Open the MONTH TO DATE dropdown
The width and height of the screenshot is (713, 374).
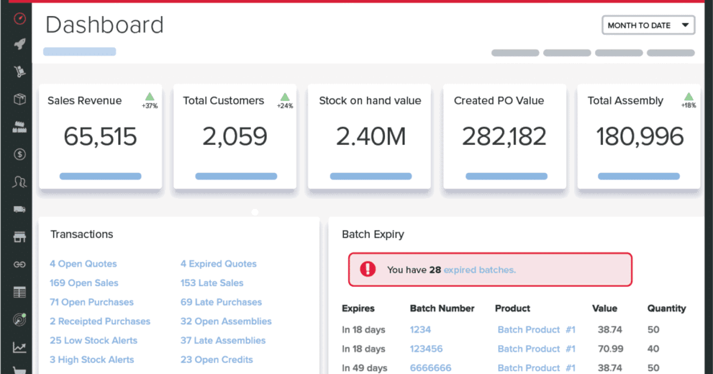(648, 26)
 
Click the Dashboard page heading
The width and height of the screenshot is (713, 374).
(105, 26)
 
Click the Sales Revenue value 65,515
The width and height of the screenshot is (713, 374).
(100, 137)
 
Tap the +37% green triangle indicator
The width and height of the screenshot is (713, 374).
(150, 97)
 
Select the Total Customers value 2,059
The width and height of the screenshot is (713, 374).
(235, 137)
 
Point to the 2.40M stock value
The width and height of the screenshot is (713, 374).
(371, 137)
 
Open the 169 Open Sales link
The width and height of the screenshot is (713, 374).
(84, 283)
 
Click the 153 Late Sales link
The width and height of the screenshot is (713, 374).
(212, 283)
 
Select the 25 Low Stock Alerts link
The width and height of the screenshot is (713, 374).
(93, 341)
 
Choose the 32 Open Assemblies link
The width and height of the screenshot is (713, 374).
(226, 321)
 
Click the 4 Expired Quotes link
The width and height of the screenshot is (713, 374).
(219, 264)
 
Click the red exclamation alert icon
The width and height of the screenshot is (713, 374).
(368, 270)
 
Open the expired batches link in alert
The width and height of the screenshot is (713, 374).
(479, 270)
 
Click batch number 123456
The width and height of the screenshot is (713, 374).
(426, 349)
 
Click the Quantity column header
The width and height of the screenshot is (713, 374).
(666, 309)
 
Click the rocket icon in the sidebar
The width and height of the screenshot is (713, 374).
(20, 44)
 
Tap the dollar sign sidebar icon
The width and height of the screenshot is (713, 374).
(20, 154)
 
